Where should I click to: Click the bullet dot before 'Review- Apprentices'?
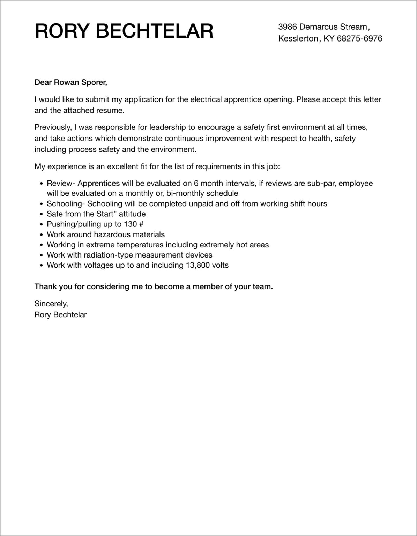click(x=42, y=184)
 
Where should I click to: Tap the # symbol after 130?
click(x=141, y=224)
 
